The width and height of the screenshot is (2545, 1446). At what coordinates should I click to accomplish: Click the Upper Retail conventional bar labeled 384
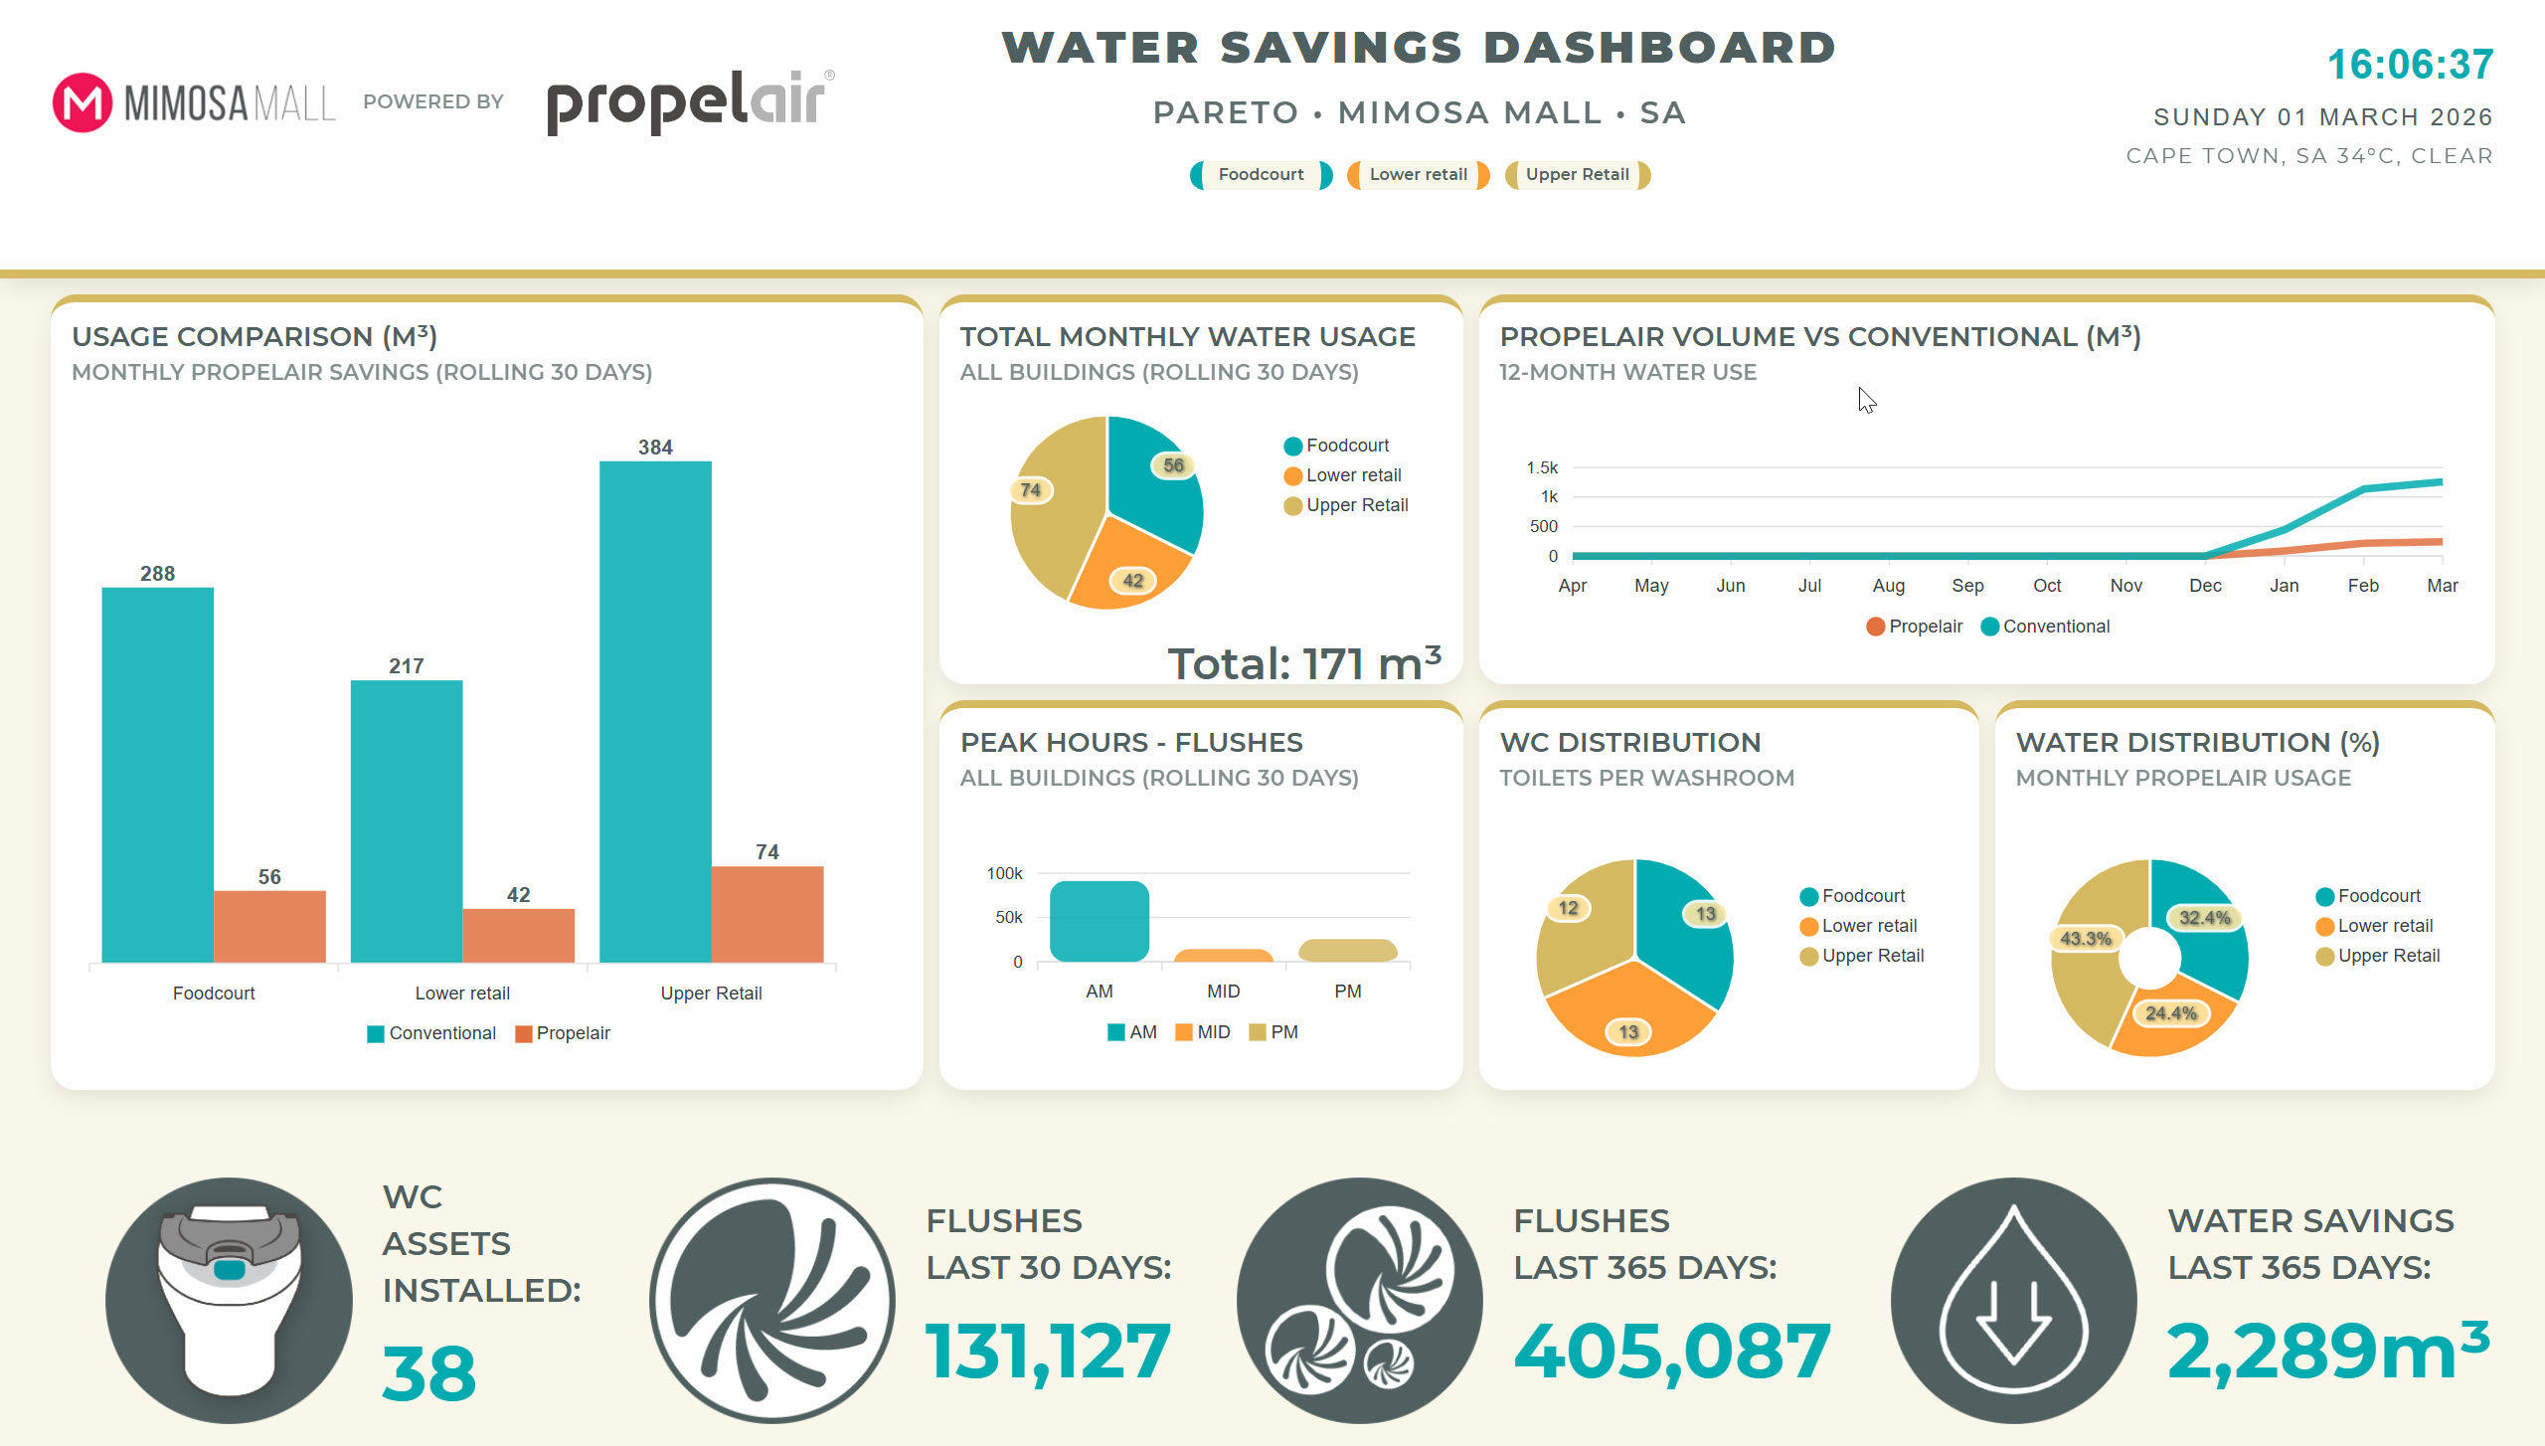[655, 711]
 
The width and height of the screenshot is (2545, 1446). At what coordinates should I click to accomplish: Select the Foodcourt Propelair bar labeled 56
[269, 926]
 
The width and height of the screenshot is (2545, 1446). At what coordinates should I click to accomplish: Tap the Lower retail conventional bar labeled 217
[407, 820]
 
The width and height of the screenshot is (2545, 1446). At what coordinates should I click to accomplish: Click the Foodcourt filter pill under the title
[1261, 175]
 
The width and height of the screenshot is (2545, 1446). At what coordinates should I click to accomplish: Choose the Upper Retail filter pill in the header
[1577, 175]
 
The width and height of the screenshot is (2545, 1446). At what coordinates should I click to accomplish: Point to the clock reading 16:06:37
[2410, 65]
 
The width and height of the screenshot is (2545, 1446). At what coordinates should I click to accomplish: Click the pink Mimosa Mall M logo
[82, 102]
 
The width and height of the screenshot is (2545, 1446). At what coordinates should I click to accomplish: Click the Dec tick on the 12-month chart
[2205, 586]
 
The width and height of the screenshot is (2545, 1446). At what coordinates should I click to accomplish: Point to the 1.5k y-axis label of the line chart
[1542, 467]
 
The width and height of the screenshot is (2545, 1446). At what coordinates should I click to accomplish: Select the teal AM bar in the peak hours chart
[1099, 921]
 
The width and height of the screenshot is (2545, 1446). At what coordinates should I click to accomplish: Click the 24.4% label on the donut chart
[2170, 1013]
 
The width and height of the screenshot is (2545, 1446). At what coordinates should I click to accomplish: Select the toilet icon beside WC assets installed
[229, 1300]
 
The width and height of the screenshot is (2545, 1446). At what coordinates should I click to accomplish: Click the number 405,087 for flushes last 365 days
[1671, 1352]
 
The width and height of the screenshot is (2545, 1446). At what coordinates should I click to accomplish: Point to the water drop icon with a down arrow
[2013, 1300]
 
